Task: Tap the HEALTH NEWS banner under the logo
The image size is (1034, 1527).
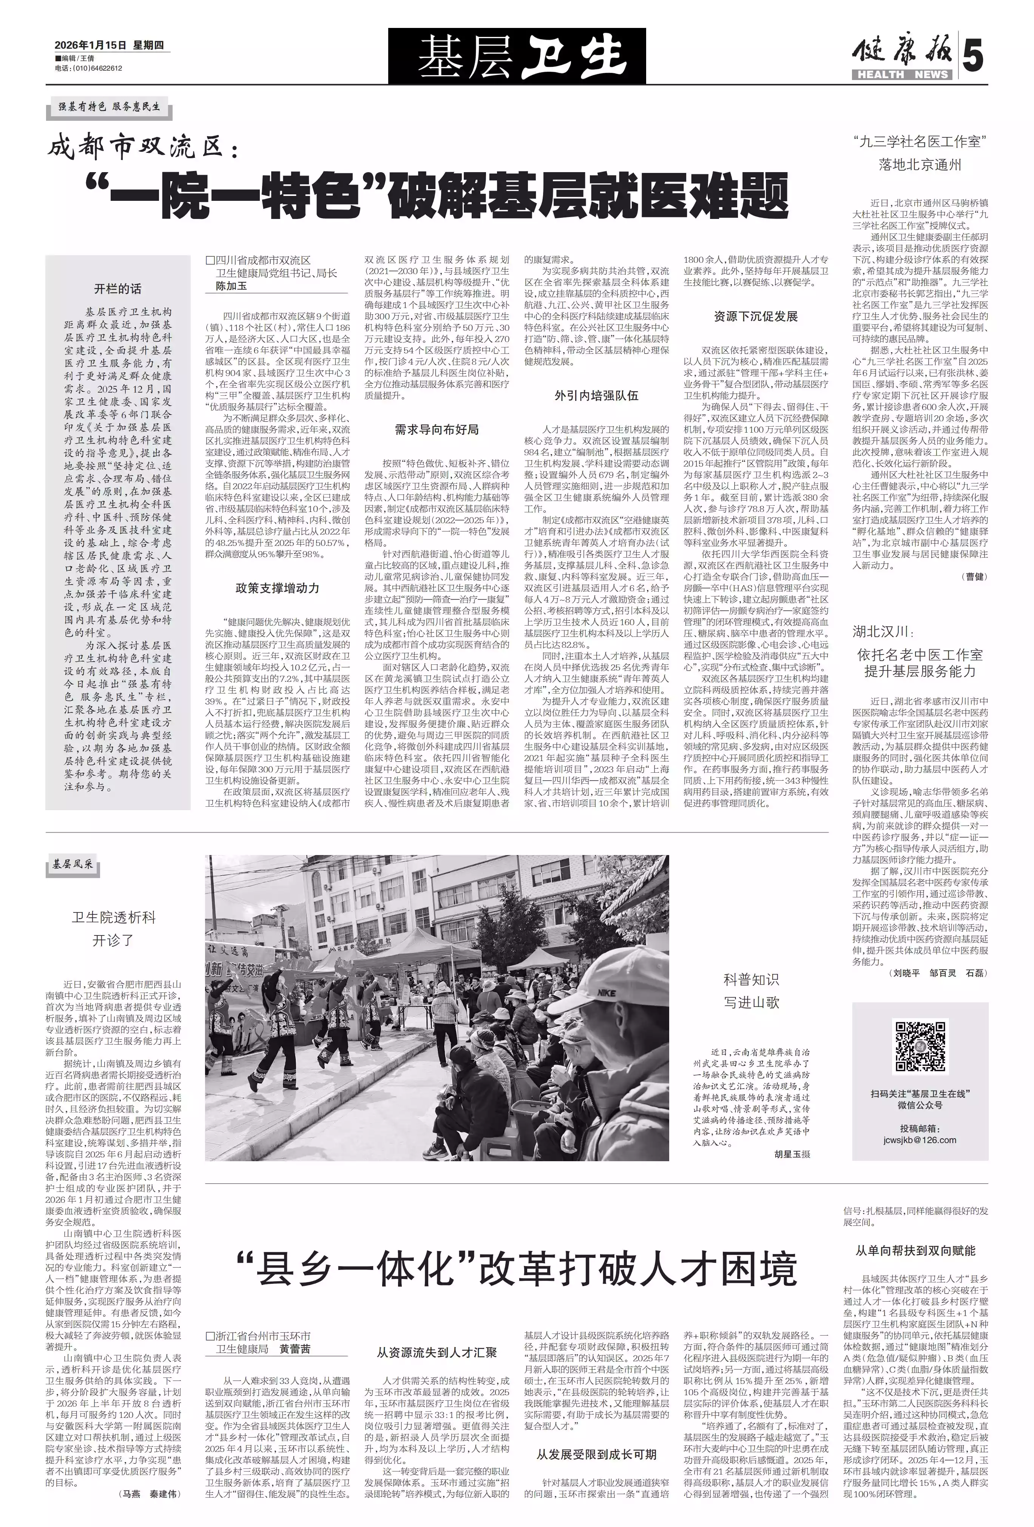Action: click(x=901, y=74)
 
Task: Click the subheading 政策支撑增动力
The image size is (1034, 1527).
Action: click(x=278, y=588)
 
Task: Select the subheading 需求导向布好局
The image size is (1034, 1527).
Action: click(x=437, y=430)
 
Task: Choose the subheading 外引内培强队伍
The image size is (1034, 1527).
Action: click(x=596, y=396)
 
